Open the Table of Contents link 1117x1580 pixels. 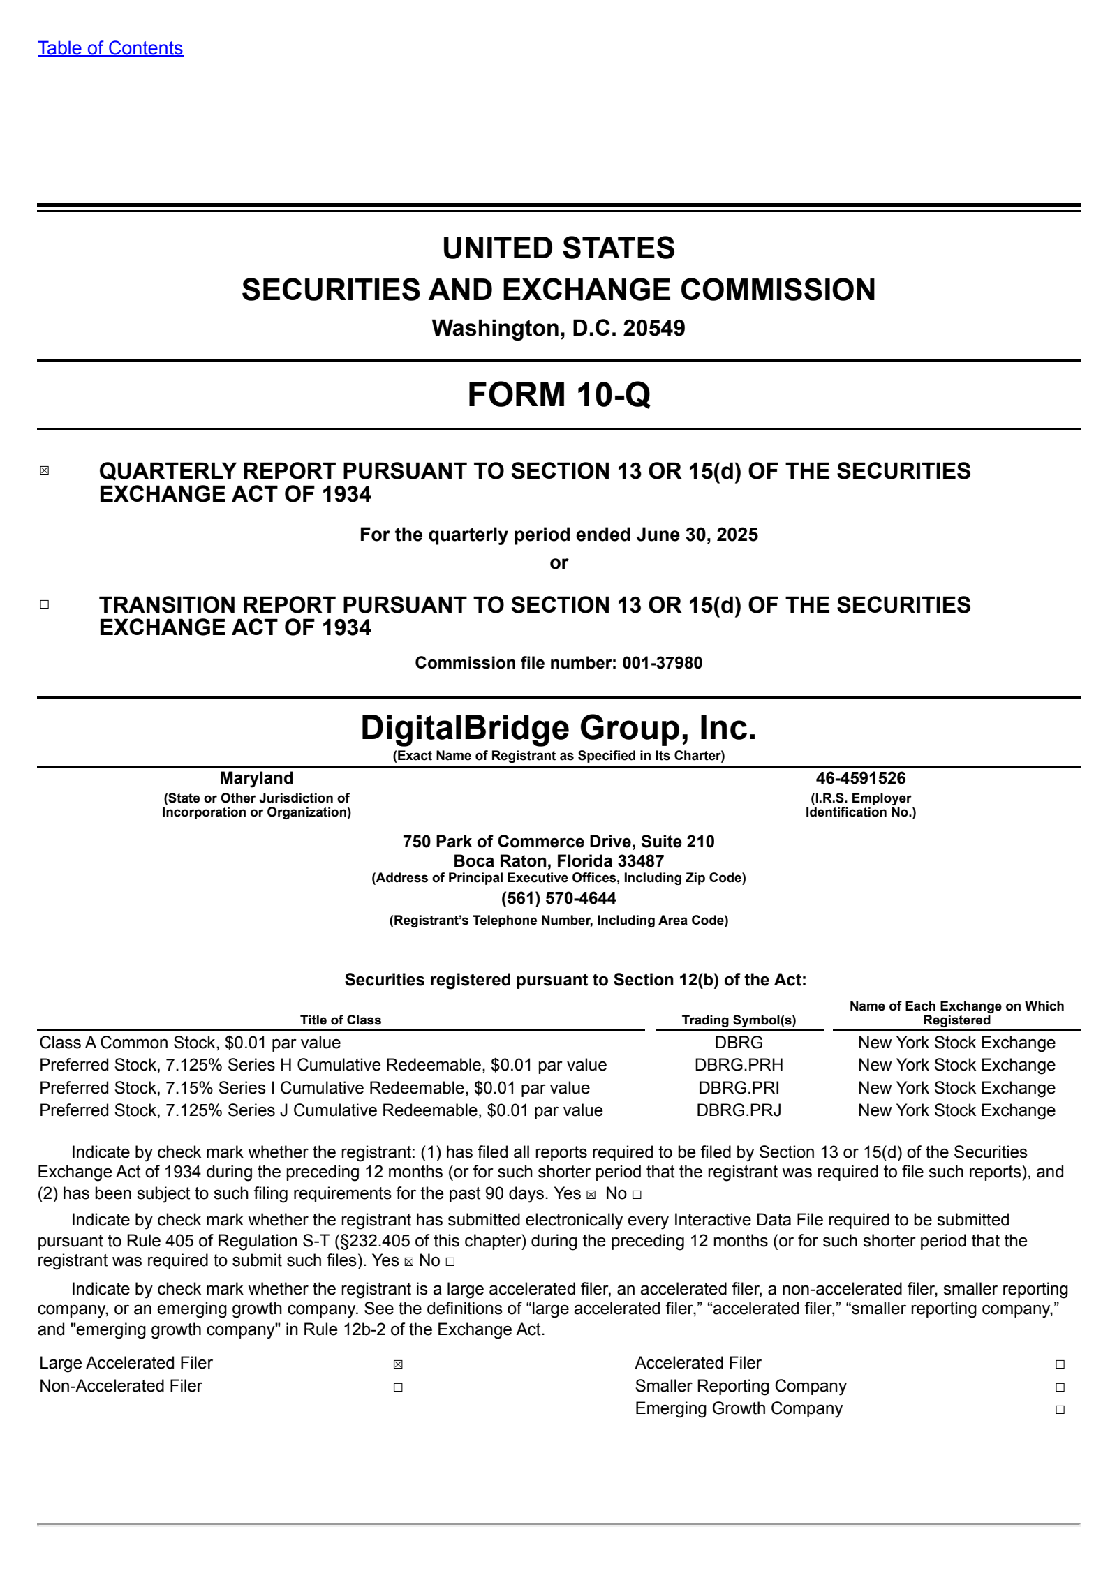[x=110, y=48]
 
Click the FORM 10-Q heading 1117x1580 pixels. [x=558, y=394]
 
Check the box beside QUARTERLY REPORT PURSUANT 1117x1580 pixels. [x=45, y=470]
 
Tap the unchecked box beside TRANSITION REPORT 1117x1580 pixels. [x=45, y=604]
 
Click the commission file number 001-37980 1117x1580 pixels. [x=662, y=663]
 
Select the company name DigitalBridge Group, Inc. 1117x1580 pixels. [x=558, y=728]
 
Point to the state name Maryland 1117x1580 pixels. [x=256, y=778]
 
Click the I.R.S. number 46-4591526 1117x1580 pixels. [x=860, y=778]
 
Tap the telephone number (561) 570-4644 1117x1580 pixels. [x=558, y=898]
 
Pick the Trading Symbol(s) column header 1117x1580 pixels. [x=739, y=1020]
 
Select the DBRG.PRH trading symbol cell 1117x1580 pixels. [x=739, y=1065]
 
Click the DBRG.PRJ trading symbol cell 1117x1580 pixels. [x=739, y=1110]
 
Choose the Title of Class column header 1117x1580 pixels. [x=341, y=1020]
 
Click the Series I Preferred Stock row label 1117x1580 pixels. [x=314, y=1088]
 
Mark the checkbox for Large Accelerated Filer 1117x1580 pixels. [x=398, y=1364]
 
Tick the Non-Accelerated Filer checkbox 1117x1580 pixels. [x=398, y=1387]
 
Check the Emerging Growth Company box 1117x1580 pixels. [x=1060, y=1410]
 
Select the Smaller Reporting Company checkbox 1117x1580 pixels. [x=1060, y=1387]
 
